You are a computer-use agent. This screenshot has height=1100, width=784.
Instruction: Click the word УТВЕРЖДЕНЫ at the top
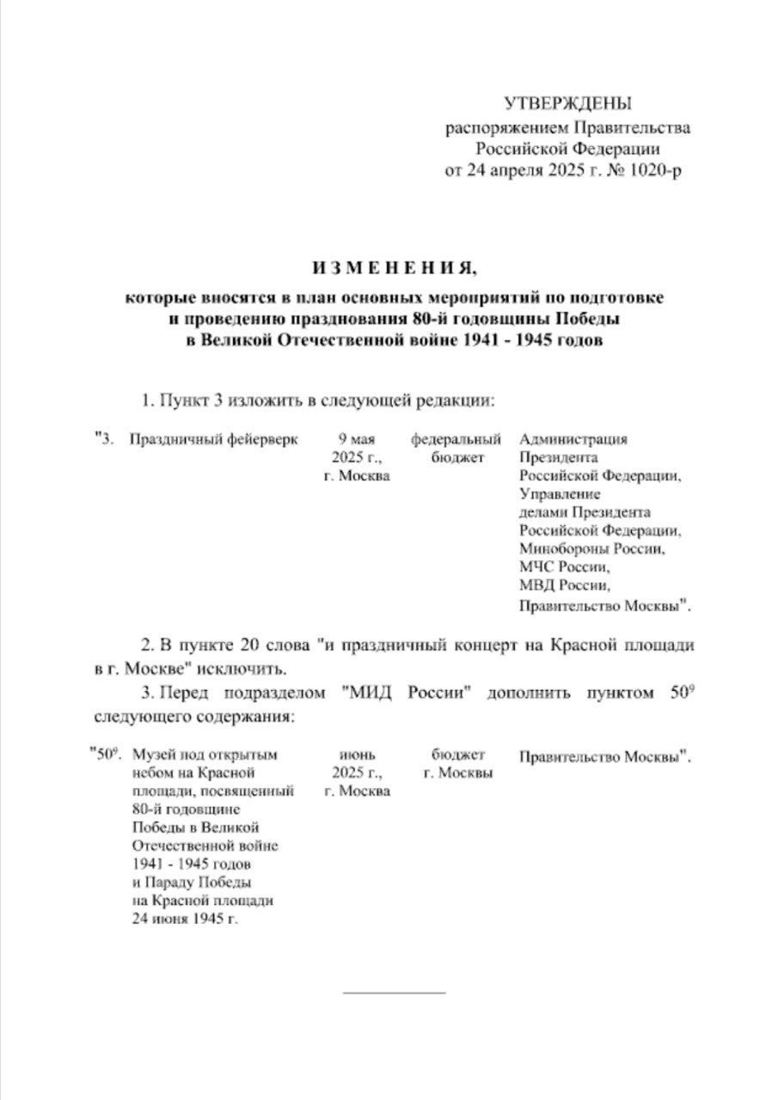click(567, 104)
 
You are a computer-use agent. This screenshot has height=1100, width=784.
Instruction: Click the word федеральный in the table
click(456, 439)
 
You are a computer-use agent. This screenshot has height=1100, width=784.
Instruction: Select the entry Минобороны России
click(591, 548)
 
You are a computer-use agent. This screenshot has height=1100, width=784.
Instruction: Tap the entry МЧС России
click(564, 567)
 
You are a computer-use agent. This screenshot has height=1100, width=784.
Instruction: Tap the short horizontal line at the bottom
click(394, 993)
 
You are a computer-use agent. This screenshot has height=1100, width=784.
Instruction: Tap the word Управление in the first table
click(559, 494)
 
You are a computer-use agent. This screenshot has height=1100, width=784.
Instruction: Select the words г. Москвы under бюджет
click(458, 773)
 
